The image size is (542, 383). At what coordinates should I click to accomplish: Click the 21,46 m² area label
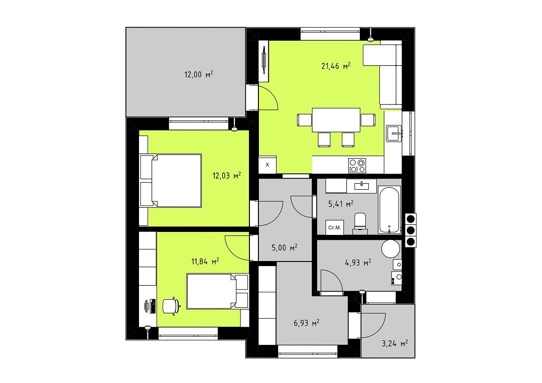click(x=336, y=66)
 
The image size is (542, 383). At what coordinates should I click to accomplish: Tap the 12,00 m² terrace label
click(x=198, y=74)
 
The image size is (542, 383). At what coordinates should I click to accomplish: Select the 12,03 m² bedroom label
click(x=226, y=176)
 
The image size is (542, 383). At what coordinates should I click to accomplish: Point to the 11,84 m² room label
click(x=205, y=262)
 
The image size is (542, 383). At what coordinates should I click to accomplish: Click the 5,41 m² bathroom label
click(x=340, y=204)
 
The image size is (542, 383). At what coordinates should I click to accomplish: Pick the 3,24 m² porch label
click(x=394, y=343)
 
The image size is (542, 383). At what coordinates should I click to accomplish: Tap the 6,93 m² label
click(x=306, y=323)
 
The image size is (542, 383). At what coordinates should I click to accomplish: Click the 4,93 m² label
click(x=358, y=263)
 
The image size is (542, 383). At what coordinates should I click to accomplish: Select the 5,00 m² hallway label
click(x=285, y=247)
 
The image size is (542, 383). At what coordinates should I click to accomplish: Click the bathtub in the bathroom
click(x=389, y=210)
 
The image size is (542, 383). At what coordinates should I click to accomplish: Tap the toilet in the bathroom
click(x=360, y=222)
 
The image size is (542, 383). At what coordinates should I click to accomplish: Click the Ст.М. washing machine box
click(x=335, y=227)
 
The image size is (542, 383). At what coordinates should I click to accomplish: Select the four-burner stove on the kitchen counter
click(x=357, y=165)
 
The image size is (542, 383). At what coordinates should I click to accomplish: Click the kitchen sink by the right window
click(x=394, y=133)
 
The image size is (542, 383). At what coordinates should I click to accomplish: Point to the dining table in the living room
click(x=336, y=120)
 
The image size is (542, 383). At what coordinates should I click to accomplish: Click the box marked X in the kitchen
click(x=267, y=165)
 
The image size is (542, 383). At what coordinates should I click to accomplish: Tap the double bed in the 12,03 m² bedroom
click(x=171, y=181)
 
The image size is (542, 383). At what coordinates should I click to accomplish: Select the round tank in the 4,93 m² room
click(x=390, y=248)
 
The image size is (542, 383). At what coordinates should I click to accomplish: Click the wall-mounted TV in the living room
click(x=264, y=61)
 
